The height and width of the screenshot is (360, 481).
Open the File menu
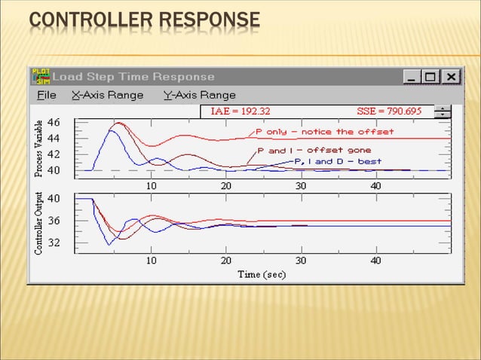[x=47, y=95]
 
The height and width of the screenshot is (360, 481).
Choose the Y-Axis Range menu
[x=199, y=95]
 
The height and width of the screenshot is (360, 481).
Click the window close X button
[x=450, y=77]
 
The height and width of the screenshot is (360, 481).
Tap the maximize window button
[x=430, y=77]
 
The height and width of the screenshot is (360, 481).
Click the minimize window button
[x=412, y=77]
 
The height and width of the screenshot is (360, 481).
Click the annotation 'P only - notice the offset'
[x=324, y=132]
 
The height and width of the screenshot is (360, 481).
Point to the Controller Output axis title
[x=38, y=223]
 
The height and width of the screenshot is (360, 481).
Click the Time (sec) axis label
[x=262, y=274]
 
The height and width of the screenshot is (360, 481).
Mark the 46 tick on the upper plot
[x=54, y=122]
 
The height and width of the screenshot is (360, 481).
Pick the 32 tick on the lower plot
[x=54, y=243]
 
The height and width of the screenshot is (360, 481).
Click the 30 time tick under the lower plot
[x=300, y=261]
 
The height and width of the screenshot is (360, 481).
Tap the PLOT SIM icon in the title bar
[x=40, y=77]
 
